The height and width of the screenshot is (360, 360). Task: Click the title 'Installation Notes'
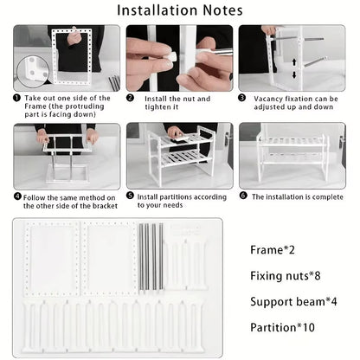click(x=179, y=11)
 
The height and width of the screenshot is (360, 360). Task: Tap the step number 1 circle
click(x=17, y=98)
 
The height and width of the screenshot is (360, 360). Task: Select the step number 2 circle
click(x=130, y=98)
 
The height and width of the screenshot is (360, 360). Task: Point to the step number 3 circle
click(x=243, y=98)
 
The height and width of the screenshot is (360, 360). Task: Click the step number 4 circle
click(x=17, y=196)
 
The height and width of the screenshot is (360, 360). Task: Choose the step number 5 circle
click(x=130, y=196)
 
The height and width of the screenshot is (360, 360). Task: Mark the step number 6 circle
click(x=243, y=196)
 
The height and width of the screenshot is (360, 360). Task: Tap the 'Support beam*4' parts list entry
click(x=294, y=302)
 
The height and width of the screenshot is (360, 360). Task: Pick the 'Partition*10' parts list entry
click(x=282, y=329)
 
